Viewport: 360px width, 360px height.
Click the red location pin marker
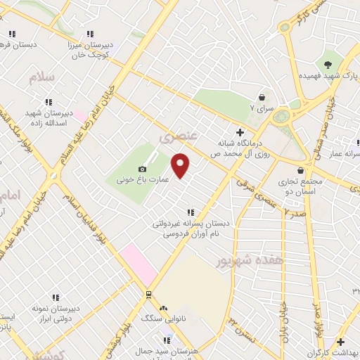(181, 165)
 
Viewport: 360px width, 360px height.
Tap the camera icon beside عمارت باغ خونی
(143, 169)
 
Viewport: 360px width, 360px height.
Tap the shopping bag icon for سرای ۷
(262, 97)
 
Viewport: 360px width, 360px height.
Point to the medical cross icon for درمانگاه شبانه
(240, 131)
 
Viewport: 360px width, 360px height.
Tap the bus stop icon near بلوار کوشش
(148, 294)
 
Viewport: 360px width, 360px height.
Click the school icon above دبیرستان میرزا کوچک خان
(89, 33)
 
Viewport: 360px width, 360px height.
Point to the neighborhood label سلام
(42, 77)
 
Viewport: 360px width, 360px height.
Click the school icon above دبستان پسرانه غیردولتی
(189, 212)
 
